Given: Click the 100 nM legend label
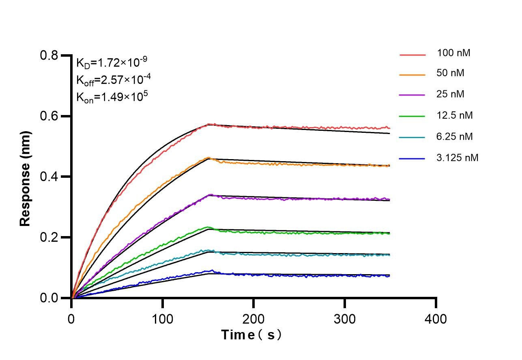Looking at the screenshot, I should (453, 53).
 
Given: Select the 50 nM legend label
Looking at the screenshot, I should (451, 73).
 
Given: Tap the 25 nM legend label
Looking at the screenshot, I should (451, 94).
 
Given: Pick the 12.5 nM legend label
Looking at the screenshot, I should (455, 115).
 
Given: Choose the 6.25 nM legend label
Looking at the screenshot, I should (455, 136).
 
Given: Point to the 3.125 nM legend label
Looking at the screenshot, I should (458, 158).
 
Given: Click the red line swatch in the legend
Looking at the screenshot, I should (412, 54).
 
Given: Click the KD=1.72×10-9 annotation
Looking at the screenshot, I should (112, 63).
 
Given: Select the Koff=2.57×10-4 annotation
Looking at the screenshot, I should (112, 80).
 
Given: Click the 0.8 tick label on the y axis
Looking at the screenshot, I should (49, 55).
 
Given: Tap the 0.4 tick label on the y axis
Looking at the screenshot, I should (49, 177).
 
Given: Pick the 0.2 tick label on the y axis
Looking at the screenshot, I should (49, 237).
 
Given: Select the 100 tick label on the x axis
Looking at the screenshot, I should (162, 319).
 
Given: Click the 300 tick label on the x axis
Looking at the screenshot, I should (344, 319).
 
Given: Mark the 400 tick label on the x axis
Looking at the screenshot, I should (436, 319).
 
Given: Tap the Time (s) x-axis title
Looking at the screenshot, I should (251, 335).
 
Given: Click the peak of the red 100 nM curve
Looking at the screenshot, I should (209, 124).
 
